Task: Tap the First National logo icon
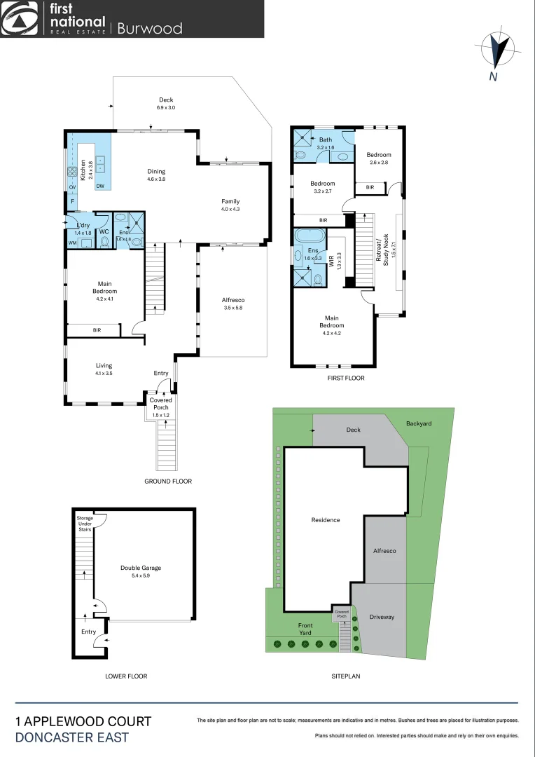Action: (x=20, y=19)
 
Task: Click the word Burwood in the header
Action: (x=149, y=28)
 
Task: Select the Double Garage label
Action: (x=141, y=572)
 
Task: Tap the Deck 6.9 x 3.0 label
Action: (x=166, y=104)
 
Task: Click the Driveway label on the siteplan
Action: (x=382, y=617)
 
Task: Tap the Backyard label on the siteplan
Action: (x=419, y=424)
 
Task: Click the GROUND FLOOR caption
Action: (x=168, y=482)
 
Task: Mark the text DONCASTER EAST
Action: (x=71, y=737)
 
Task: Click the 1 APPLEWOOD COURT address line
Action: (x=83, y=721)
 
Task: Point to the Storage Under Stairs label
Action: (x=84, y=524)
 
